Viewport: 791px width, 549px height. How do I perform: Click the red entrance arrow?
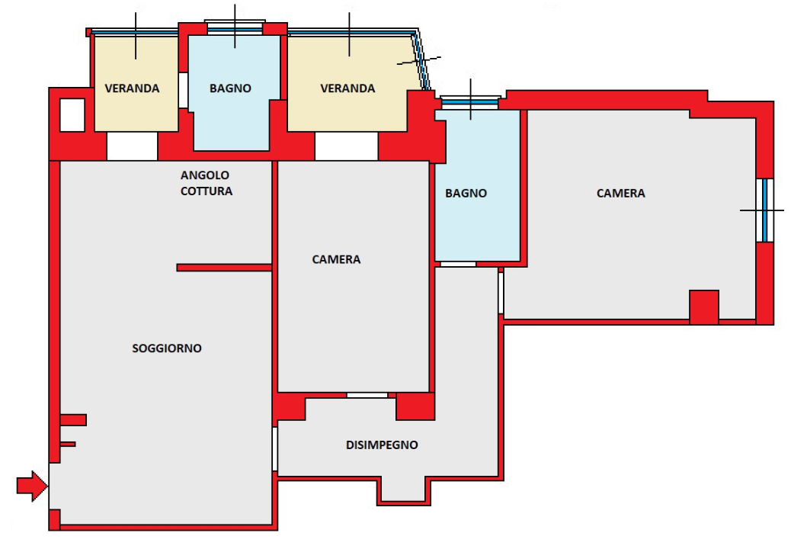[x=32, y=486]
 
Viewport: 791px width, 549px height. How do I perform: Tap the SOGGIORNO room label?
[x=166, y=348]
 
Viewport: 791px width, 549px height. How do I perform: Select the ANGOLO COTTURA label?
[x=207, y=183]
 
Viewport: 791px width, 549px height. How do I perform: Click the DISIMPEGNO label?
[x=382, y=445]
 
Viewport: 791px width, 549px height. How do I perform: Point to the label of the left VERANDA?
[x=132, y=88]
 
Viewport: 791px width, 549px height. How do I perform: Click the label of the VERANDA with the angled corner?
[x=347, y=88]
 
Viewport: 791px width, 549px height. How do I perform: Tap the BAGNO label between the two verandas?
[x=230, y=88]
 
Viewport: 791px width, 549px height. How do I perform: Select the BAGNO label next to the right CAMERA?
[x=466, y=193]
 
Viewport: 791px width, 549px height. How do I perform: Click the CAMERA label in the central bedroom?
[x=336, y=259]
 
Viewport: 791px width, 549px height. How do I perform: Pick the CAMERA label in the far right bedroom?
[x=620, y=193]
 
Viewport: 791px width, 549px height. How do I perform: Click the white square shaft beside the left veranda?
[x=72, y=115]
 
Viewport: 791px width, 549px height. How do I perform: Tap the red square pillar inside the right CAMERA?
[x=703, y=307]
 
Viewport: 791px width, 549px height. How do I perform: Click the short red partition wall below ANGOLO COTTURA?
[x=224, y=268]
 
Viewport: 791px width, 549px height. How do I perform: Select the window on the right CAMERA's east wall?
[x=765, y=210]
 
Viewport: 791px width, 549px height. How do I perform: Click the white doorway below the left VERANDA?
[x=132, y=146]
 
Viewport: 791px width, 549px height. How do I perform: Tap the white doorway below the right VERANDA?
[x=346, y=146]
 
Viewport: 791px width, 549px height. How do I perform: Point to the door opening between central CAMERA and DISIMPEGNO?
[x=367, y=395]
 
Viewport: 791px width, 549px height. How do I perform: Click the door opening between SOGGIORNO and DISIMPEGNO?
[x=275, y=449]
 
